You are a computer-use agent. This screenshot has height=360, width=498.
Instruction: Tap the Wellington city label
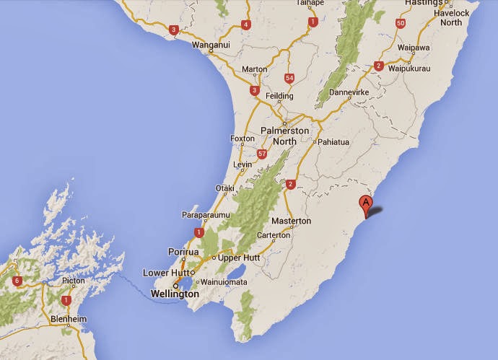coord(175,294)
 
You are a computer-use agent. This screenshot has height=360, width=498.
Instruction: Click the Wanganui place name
coord(211,45)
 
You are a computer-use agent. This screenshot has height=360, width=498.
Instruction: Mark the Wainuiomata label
coord(223,281)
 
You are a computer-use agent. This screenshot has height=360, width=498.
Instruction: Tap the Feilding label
coord(280,96)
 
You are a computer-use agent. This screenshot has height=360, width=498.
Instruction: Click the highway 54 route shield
coord(289,77)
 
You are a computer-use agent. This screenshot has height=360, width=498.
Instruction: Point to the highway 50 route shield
coord(401,23)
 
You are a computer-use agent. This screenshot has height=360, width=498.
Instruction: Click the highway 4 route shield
coord(246,25)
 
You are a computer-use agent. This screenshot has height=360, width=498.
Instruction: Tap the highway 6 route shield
coord(17,281)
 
